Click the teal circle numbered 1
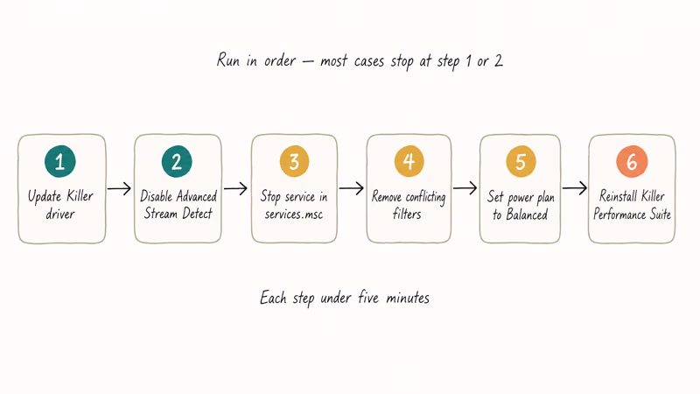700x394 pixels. pos(60,161)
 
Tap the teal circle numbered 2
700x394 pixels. pos(177,161)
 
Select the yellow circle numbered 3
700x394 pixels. pos(294,161)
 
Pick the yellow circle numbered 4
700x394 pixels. pos(409,161)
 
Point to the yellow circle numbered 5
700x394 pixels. pos(521,161)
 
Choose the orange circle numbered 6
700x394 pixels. pos(632,161)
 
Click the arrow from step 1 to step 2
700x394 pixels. pos(119,188)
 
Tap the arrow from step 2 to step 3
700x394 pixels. pos(235,188)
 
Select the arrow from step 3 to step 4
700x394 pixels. pos(352,188)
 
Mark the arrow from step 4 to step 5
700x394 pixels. pos(465,188)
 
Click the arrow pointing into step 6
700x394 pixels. pos(575,188)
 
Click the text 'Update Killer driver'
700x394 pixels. pos(60,205)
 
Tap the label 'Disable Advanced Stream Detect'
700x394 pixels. pos(178,205)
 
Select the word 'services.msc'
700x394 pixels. pos(294,214)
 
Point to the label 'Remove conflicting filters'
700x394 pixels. pos(409,205)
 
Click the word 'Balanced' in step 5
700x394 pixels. pos(527,215)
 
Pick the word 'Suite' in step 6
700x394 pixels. pos(661,215)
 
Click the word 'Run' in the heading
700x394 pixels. pos(228,60)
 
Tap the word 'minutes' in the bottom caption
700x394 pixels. pos(408,298)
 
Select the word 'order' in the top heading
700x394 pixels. pos(280,60)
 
